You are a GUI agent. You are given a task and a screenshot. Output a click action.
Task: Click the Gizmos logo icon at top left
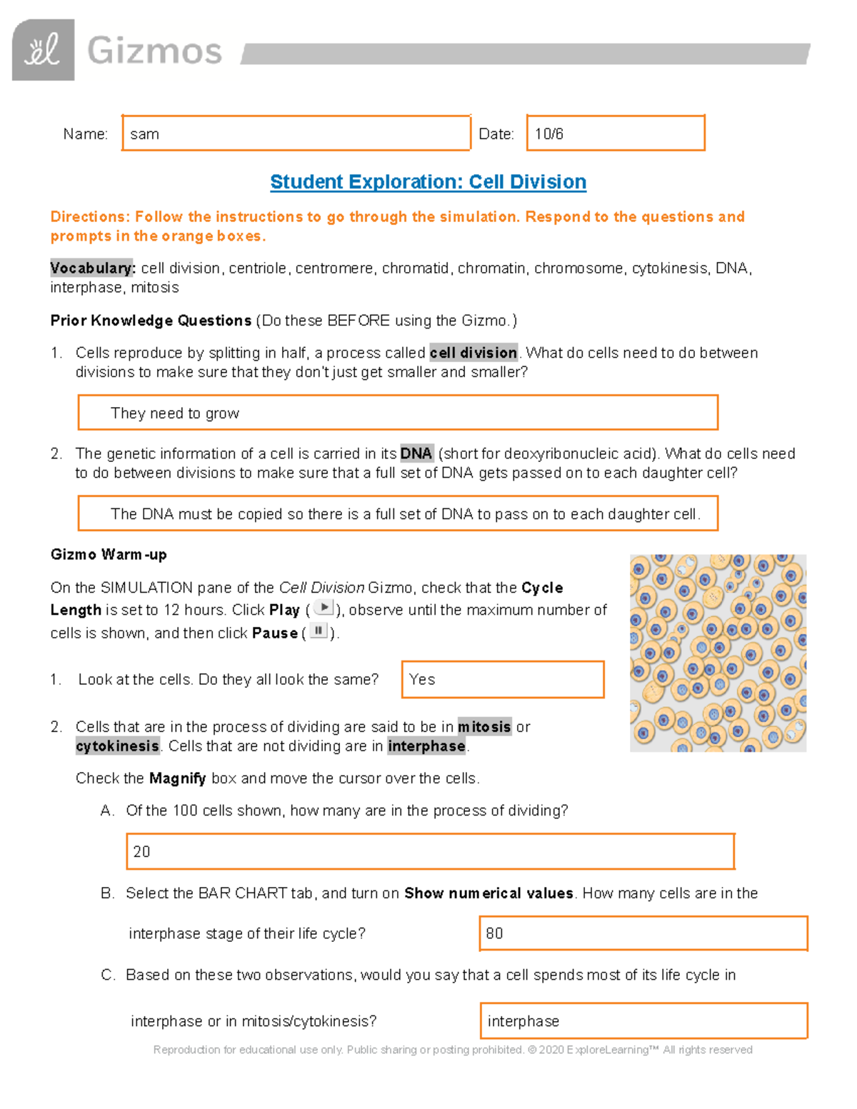pyautogui.click(x=43, y=50)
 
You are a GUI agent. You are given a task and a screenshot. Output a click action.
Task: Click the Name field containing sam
pyautogui.click(x=296, y=134)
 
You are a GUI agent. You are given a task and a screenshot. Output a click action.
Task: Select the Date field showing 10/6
pyautogui.click(x=615, y=134)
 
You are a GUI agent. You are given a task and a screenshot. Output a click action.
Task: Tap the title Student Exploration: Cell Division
pyautogui.click(x=428, y=182)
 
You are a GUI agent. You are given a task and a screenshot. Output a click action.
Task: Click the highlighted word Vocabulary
pyautogui.click(x=91, y=269)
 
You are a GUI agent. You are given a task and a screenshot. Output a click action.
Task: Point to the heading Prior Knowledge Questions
pyautogui.click(x=151, y=321)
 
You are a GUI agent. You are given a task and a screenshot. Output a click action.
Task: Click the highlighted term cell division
pyautogui.click(x=473, y=353)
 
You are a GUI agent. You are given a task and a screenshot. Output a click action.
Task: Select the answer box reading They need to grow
pyautogui.click(x=397, y=413)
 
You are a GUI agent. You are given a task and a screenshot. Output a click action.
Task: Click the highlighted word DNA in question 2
pyautogui.click(x=416, y=453)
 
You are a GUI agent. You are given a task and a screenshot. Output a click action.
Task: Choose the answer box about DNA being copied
pyautogui.click(x=397, y=514)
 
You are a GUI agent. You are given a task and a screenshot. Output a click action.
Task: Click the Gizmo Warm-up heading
pyautogui.click(x=109, y=555)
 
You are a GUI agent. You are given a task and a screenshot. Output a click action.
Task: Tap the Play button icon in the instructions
pyautogui.click(x=324, y=608)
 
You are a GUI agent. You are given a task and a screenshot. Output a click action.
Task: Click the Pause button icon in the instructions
pyautogui.click(x=319, y=631)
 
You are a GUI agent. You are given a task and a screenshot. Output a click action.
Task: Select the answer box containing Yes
pyautogui.click(x=503, y=679)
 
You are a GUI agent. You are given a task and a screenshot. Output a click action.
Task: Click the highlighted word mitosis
pyautogui.click(x=484, y=727)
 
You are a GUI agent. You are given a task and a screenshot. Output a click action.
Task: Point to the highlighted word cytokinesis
pyautogui.click(x=117, y=746)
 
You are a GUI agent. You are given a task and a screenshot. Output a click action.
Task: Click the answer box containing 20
pyautogui.click(x=430, y=851)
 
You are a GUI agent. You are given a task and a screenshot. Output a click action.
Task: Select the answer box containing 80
pyautogui.click(x=643, y=933)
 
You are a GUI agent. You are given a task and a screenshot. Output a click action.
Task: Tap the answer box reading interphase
pyautogui.click(x=643, y=1021)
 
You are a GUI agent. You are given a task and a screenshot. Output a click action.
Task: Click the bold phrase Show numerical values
pyautogui.click(x=488, y=893)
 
